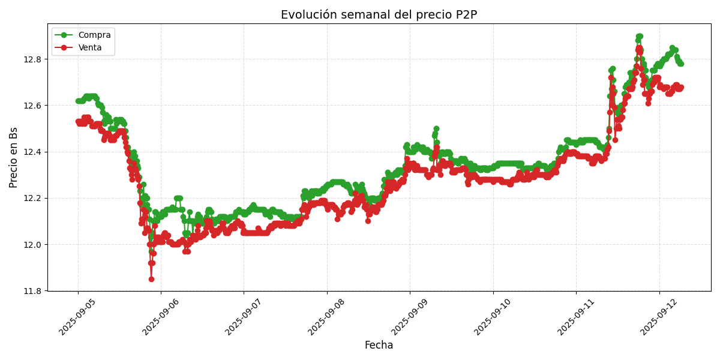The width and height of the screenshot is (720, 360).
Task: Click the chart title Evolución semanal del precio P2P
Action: pyautogui.click(x=379, y=15)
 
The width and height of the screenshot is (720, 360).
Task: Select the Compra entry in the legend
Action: pyautogui.click(x=94, y=35)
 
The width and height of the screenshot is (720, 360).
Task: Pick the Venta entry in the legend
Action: pyautogui.click(x=90, y=47)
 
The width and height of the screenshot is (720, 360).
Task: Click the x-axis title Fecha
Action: pyautogui.click(x=379, y=346)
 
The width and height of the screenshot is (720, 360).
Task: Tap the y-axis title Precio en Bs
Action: pyautogui.click(x=14, y=157)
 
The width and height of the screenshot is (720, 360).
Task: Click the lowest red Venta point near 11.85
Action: pyautogui.click(x=151, y=279)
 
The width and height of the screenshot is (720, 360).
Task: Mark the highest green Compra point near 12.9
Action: pyautogui.click(x=639, y=37)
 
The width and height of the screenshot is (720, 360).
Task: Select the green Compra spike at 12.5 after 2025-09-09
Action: pyautogui.click(x=436, y=129)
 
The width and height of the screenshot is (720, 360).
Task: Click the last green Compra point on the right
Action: pyautogui.click(x=680, y=64)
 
